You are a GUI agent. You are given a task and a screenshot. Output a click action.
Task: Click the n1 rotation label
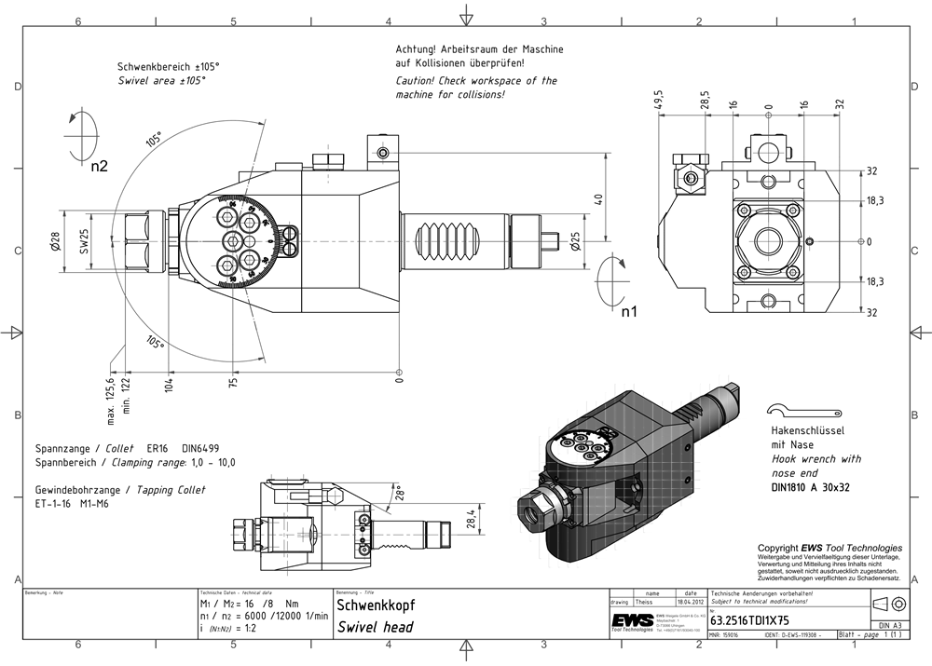pyautogui.click(x=631, y=311)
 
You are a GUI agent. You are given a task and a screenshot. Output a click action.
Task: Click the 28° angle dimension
pyautogui.click(x=399, y=491)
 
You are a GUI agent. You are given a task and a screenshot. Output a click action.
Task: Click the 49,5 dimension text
pyautogui.click(x=658, y=100)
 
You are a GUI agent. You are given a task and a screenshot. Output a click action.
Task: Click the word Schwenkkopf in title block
pyautogui.click(x=369, y=605)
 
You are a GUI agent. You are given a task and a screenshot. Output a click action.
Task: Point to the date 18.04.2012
pyautogui.click(x=690, y=604)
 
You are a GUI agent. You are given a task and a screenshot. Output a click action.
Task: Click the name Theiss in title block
pyautogui.click(x=646, y=604)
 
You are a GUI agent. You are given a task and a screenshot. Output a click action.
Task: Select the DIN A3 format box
pyautogui.click(x=888, y=625)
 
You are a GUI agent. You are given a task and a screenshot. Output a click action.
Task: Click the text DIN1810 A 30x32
pyautogui.click(x=810, y=486)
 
